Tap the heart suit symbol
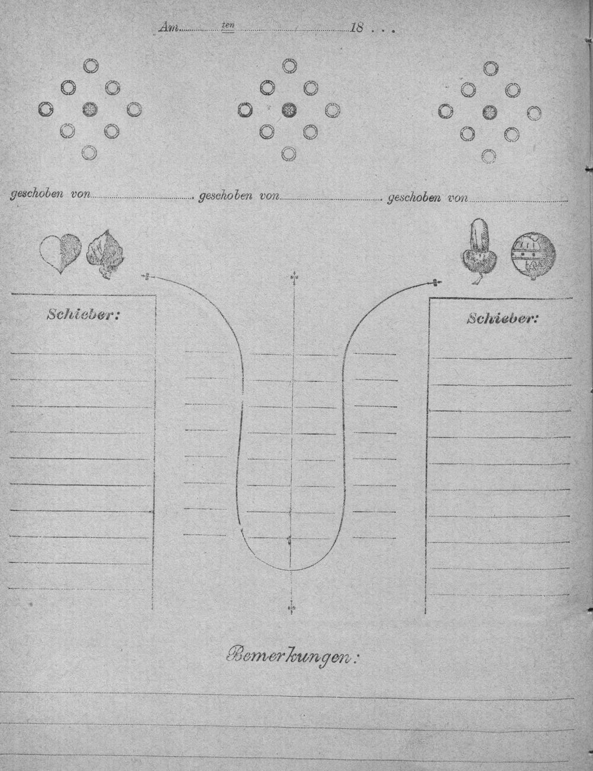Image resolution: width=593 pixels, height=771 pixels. pyautogui.click(x=60, y=253)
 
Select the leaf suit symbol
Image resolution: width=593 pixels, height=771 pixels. pyautogui.click(x=106, y=253)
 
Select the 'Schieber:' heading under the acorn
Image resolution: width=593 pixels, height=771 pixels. pyautogui.click(x=502, y=319)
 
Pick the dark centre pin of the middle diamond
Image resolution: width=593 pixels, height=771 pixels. pyautogui.click(x=289, y=110)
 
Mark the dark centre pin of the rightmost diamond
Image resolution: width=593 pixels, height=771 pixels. pyautogui.click(x=489, y=113)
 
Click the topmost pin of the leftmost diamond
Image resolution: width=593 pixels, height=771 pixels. pyautogui.click(x=90, y=66)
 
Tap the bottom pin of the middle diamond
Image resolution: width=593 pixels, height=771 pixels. pyautogui.click(x=289, y=154)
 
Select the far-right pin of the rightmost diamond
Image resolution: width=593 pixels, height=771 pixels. pyautogui.click(x=534, y=113)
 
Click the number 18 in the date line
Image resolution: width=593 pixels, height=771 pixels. pyautogui.click(x=356, y=28)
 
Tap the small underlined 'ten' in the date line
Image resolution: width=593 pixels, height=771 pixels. pyautogui.click(x=227, y=26)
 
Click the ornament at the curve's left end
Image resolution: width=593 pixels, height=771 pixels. pyautogui.click(x=146, y=277)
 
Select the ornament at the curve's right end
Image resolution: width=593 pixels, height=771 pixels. pyautogui.click(x=436, y=283)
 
